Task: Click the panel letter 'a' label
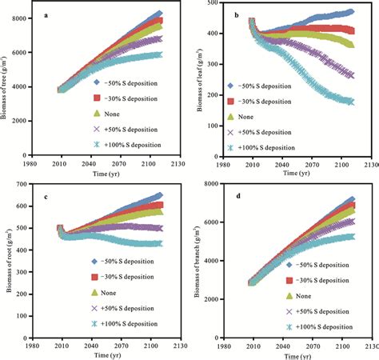pos(47,14)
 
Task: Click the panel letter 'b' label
pos(237,14)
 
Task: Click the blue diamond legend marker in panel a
pos(95,82)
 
